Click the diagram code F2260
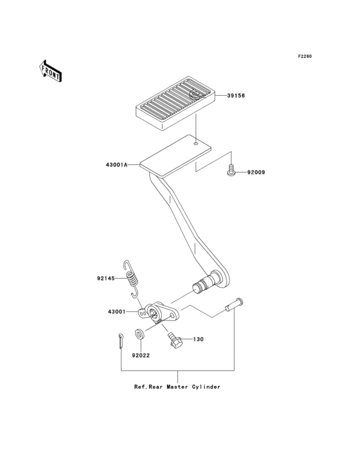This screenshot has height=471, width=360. [x=304, y=57]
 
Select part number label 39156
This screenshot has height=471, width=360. [x=235, y=96]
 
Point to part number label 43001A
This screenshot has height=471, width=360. [x=116, y=165]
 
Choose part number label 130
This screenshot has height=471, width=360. [x=198, y=338]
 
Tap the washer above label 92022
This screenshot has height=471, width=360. [x=139, y=335]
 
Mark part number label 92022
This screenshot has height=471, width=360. [x=141, y=355]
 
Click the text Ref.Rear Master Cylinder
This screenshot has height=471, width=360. [x=177, y=387]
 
